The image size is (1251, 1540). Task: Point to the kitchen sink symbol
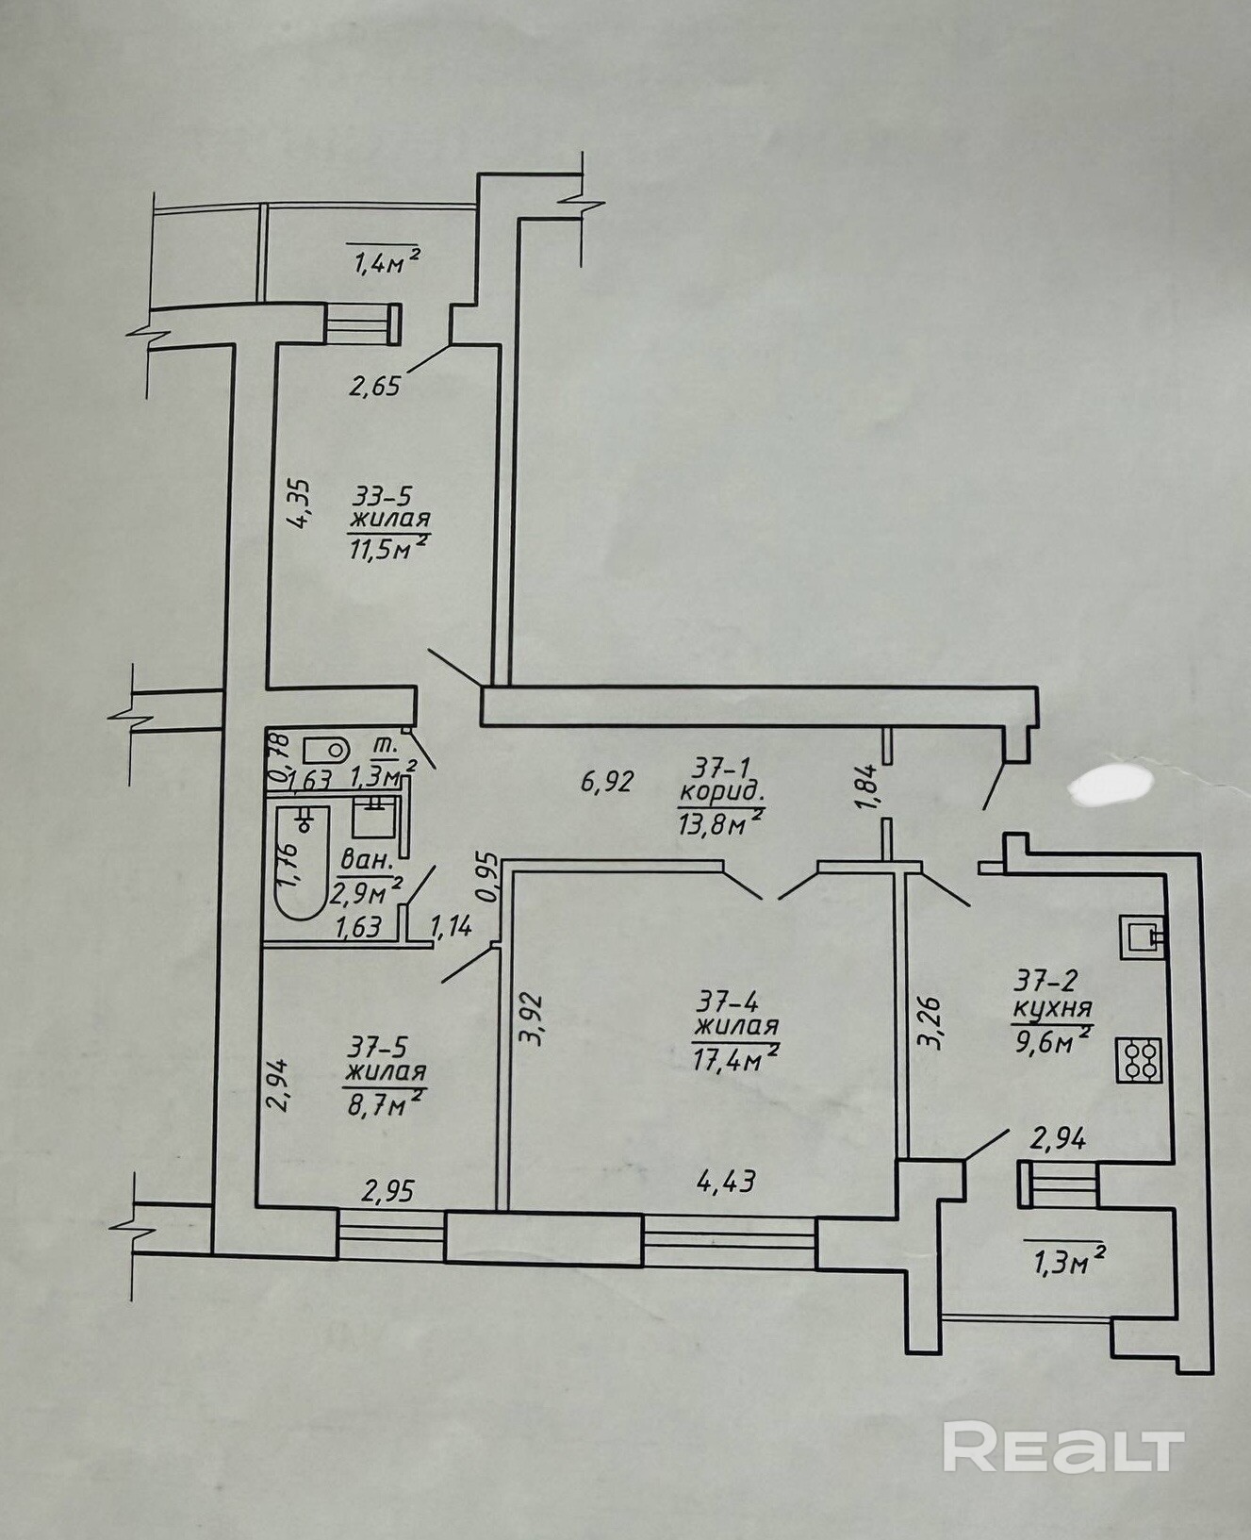1144,936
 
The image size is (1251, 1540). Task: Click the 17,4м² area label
734,1058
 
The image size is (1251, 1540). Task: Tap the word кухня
1052,1007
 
